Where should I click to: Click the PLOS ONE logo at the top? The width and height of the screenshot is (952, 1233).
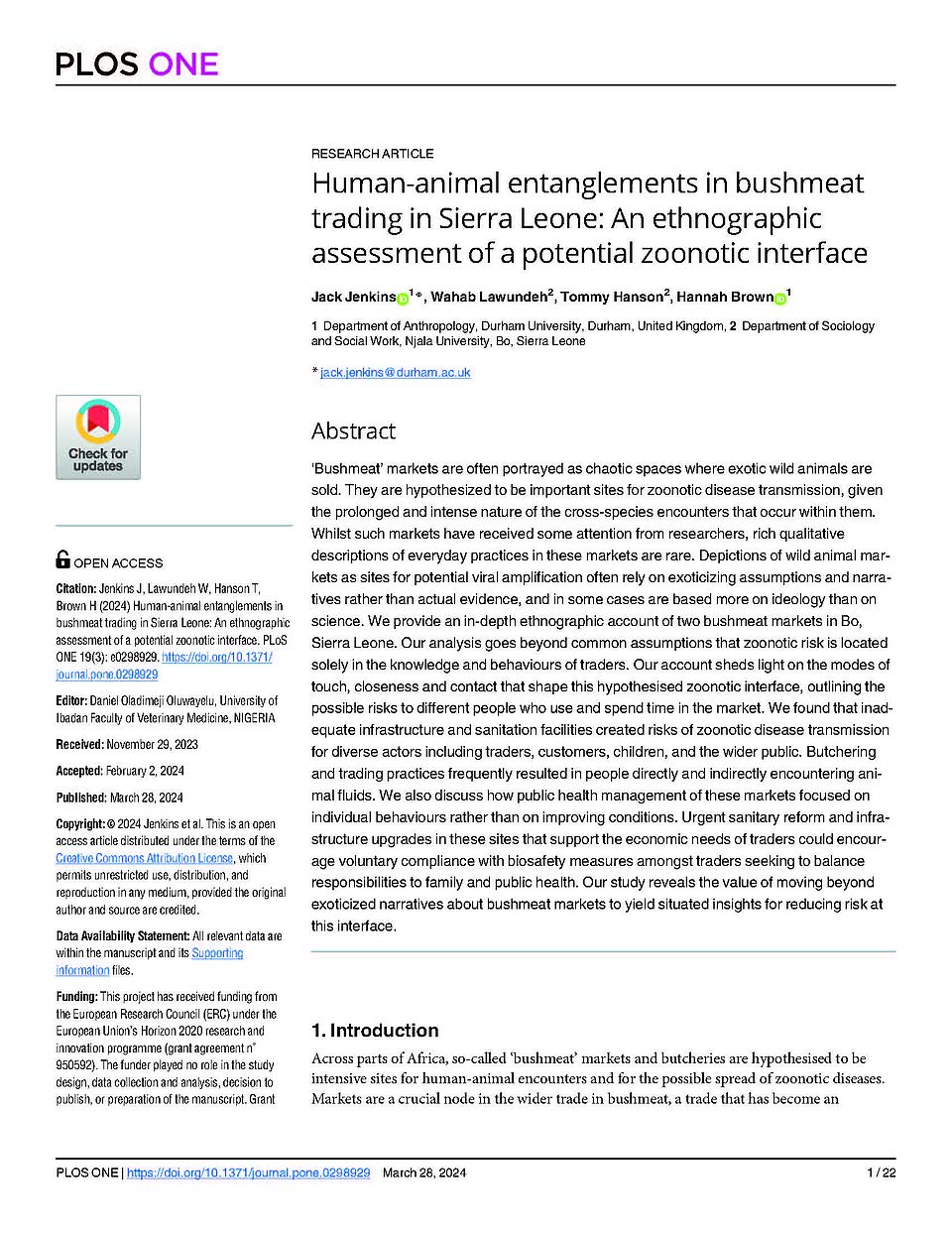click(x=137, y=64)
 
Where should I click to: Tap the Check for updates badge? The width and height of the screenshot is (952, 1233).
click(x=98, y=437)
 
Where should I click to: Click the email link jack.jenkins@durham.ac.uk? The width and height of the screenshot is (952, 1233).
click(x=395, y=373)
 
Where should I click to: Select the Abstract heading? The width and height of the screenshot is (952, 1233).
click(x=353, y=431)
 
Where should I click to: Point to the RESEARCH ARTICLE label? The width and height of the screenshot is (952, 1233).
click(x=372, y=154)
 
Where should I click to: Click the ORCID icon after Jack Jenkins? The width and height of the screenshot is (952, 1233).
click(x=403, y=298)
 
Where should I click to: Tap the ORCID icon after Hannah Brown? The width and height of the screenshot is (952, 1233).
click(x=780, y=298)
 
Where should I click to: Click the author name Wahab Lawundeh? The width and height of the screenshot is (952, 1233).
click(x=489, y=297)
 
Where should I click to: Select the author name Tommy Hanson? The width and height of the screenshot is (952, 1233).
click(x=612, y=297)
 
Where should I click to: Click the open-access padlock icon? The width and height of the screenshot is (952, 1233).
click(x=62, y=559)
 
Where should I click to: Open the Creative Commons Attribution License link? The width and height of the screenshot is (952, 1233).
click(x=145, y=858)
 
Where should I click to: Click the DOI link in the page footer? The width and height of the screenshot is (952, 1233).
click(x=249, y=1172)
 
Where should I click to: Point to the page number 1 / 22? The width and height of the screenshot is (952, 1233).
click(x=881, y=1172)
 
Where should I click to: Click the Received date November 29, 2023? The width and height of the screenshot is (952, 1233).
click(x=152, y=744)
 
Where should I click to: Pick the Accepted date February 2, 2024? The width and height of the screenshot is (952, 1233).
click(x=145, y=771)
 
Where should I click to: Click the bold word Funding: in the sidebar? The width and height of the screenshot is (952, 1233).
click(x=76, y=996)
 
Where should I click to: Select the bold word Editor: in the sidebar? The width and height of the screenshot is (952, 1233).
click(x=71, y=700)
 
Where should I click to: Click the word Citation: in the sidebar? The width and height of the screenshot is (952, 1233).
click(x=75, y=588)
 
